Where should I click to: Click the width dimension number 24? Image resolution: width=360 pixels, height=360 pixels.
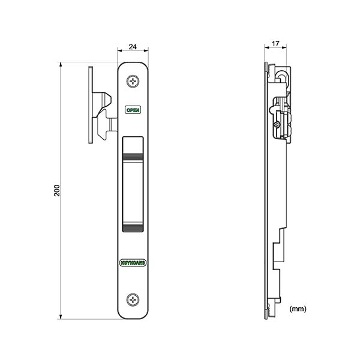point(133,47)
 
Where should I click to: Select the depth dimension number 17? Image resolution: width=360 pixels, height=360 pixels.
point(275,44)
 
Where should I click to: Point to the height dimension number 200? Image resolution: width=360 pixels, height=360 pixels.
point(56,190)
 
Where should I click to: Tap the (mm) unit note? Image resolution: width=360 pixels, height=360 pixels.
point(298,309)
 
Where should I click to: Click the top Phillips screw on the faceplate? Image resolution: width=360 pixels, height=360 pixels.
point(133,81)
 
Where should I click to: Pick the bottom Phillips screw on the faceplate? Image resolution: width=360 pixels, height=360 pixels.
point(133,299)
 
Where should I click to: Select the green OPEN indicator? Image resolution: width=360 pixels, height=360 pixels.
point(133,110)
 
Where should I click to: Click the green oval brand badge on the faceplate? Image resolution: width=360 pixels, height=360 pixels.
point(133,263)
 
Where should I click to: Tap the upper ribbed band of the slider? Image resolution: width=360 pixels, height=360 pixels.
point(133,157)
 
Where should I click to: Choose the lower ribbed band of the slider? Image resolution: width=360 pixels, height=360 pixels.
point(133,228)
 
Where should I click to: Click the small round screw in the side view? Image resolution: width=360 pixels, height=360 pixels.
point(277,125)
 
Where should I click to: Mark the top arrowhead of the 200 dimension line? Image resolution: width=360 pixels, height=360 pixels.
point(61,64)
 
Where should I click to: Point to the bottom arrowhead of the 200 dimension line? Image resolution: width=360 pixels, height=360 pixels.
point(61,317)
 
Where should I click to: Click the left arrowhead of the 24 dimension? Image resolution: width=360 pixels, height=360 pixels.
point(119,50)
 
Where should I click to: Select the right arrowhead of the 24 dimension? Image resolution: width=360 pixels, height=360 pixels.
point(146,50)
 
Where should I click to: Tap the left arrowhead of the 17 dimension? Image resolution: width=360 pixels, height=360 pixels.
point(267,47)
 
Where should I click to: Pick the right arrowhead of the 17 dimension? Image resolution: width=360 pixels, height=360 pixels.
point(284,47)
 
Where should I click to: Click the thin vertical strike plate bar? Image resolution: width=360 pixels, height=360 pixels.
point(91,105)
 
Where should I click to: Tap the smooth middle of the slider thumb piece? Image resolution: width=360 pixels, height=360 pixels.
point(133,192)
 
